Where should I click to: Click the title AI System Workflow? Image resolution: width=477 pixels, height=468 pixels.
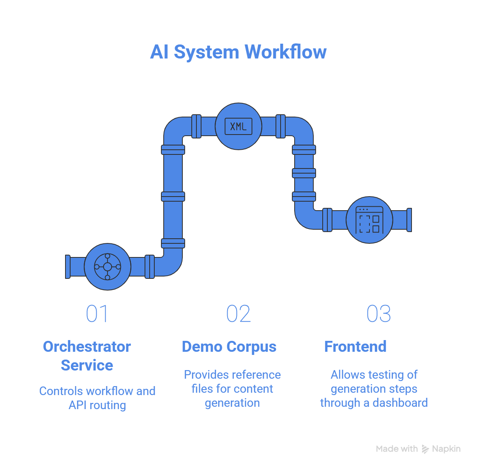click(x=238, y=52)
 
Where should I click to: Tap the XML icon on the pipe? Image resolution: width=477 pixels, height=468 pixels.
click(x=238, y=126)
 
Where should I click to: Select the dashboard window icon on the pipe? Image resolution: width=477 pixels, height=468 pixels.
click(x=369, y=220)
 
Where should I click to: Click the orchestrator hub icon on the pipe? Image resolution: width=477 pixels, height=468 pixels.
click(x=108, y=267)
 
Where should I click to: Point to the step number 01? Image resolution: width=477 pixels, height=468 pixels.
click(x=97, y=314)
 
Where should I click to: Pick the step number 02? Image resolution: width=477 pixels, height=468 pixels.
click(x=238, y=314)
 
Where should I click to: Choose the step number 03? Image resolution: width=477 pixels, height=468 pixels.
click(x=378, y=314)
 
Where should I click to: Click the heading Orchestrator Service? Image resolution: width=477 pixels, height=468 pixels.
click(x=87, y=356)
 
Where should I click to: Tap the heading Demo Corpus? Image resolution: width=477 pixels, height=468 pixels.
click(x=229, y=347)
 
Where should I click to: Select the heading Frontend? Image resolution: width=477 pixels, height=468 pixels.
click(x=355, y=347)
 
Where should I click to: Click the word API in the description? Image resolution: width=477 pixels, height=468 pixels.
click(x=78, y=405)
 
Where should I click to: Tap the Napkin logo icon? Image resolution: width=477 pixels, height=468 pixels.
click(x=425, y=449)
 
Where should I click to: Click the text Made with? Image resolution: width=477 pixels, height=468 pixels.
click(x=397, y=449)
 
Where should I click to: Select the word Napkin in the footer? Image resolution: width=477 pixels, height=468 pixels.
click(x=447, y=449)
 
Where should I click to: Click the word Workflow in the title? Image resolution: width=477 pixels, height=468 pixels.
click(x=286, y=52)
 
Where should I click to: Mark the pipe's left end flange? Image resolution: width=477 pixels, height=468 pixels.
click(x=68, y=267)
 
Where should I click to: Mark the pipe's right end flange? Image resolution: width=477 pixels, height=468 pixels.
click(x=409, y=220)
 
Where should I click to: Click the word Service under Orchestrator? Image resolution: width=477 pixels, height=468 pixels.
click(x=87, y=365)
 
